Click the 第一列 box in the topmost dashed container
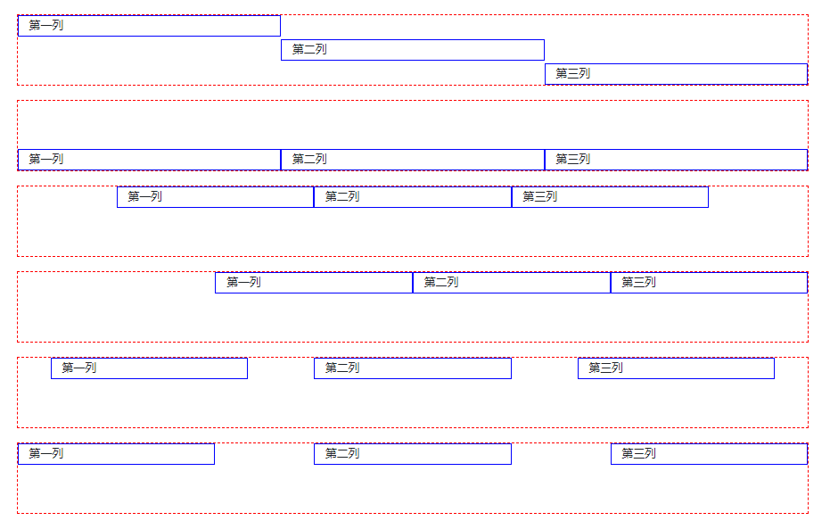point(149,26)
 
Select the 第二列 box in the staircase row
point(412,50)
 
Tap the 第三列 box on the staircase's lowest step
point(676,74)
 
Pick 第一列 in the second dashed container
point(149,160)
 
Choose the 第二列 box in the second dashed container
point(412,160)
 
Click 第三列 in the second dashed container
point(676,160)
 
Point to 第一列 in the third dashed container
point(215,197)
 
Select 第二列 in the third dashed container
point(412,197)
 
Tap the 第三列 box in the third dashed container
point(610,197)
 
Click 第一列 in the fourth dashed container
point(314,283)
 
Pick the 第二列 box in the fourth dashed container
point(511,283)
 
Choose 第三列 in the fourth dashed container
point(709,283)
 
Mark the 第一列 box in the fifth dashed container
point(149,368)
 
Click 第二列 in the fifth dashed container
point(412,368)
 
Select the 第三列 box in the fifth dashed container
point(676,368)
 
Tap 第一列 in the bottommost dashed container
point(116,454)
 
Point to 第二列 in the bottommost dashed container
point(412,454)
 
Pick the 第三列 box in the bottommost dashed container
point(709,454)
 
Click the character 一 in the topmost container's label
point(46,26)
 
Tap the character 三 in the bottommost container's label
point(639,454)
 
